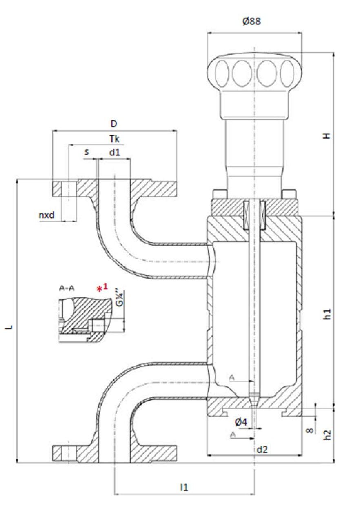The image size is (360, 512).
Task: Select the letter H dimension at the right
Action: tap(326, 136)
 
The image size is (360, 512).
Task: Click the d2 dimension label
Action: tap(262, 449)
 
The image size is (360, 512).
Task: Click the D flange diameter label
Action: tap(114, 123)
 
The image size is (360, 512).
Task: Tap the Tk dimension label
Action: tap(114, 139)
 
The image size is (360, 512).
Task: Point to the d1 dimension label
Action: tap(114, 152)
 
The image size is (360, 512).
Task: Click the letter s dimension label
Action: tap(87, 152)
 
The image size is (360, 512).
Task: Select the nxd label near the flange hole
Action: tap(47, 215)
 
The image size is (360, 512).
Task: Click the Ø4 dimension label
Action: tap(241, 421)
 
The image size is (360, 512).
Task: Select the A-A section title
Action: tap(67, 288)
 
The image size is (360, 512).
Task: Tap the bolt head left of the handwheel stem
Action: tap(220, 194)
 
